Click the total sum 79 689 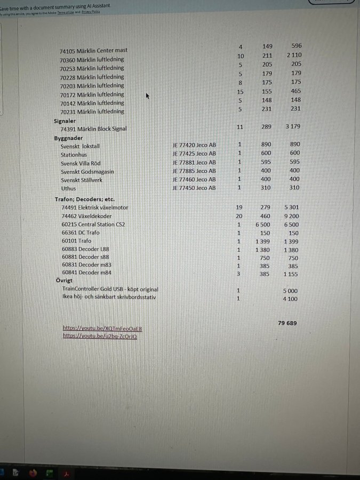tap(287, 323)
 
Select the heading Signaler tap(65, 121)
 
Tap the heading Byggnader tap(68, 138)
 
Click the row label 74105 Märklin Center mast tap(93, 51)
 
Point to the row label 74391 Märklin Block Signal tap(93, 129)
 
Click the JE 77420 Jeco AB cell tap(194, 145)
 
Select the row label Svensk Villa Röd tap(81, 163)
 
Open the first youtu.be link tap(102, 329)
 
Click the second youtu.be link tap(100, 336)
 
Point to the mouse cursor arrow tap(148, 96)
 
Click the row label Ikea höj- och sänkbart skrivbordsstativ tap(109, 297)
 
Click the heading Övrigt tap(64, 281)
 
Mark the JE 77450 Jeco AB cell tap(194, 188)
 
